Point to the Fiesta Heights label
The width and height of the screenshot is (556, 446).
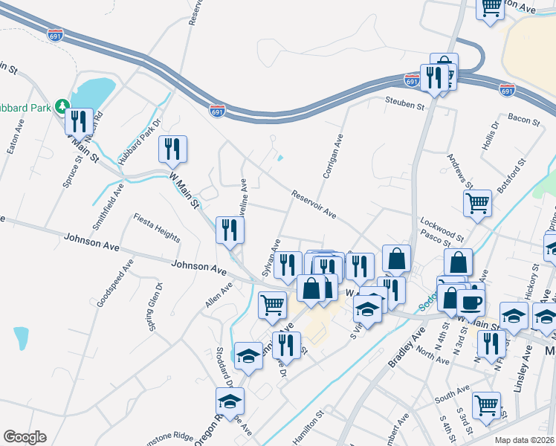(x=157, y=227)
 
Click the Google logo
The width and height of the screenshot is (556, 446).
(x=25, y=437)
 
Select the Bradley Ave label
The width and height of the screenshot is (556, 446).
(x=404, y=346)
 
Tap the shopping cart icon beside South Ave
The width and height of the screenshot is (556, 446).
(x=486, y=405)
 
